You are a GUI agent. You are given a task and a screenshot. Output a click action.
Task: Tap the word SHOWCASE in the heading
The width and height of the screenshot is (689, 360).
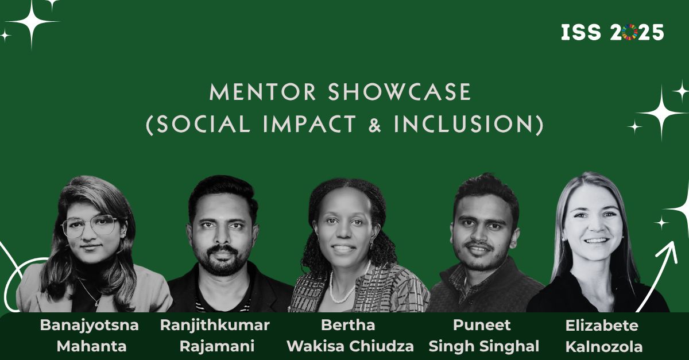coord(400,92)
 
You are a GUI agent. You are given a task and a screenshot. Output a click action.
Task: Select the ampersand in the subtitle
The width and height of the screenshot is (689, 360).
coord(374,125)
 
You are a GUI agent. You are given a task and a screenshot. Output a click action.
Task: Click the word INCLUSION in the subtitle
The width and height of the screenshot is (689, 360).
coord(463,125)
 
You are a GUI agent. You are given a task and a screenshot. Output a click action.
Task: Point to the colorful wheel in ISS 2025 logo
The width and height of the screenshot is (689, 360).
coord(630,32)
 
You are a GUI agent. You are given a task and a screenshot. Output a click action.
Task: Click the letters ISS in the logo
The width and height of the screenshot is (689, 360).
coord(580,32)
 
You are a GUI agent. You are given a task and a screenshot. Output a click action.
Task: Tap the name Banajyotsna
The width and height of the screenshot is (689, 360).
coord(89,326)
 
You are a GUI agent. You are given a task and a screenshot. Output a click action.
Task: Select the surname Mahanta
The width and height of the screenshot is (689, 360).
coord(92,346)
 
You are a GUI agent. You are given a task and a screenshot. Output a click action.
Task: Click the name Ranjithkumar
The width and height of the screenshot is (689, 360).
coord(215,326)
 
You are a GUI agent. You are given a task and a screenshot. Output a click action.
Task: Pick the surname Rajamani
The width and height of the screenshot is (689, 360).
coord(217,346)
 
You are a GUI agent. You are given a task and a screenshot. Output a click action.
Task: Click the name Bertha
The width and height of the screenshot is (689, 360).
coord(348,325)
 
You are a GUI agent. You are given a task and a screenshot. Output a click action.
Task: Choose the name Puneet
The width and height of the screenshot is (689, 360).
coord(482,325)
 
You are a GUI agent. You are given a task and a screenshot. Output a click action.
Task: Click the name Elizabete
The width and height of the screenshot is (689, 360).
coord(602,326)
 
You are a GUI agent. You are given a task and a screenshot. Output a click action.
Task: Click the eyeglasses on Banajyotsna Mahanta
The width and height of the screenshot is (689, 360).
coord(90,226)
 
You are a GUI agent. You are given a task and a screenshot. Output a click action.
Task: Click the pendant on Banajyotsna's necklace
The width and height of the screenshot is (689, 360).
coord(96,304)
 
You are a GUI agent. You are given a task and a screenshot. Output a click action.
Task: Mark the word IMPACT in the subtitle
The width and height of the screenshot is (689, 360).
coord(309,125)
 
